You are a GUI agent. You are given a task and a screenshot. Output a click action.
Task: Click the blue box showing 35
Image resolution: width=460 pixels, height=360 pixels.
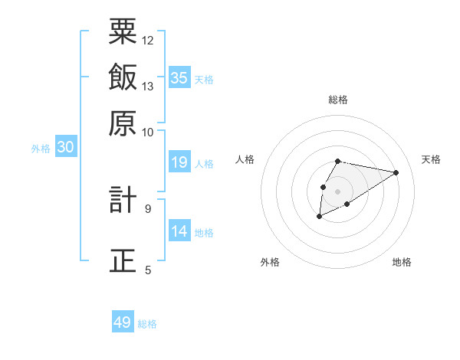179,78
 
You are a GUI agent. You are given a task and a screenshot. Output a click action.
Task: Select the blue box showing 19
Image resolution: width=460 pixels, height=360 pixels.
179,162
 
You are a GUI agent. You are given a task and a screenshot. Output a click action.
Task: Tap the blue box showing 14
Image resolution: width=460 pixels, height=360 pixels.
179,231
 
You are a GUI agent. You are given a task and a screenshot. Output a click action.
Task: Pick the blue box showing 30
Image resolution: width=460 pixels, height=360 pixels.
65,148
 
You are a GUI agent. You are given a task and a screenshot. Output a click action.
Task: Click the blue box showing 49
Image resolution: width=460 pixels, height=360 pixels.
123,322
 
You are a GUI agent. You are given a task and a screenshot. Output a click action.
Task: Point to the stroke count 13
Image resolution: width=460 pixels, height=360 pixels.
148,87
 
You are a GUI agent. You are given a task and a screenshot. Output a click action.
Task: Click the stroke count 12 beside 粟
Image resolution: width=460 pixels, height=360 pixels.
148,40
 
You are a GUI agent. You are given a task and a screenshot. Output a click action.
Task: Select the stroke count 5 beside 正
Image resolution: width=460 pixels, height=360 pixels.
148,270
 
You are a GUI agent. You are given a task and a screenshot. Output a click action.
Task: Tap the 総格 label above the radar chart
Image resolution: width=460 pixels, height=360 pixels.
337,100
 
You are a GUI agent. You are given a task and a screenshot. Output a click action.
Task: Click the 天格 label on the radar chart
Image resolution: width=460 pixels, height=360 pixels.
431,159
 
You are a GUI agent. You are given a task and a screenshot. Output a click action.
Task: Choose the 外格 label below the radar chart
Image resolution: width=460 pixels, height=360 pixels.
270,262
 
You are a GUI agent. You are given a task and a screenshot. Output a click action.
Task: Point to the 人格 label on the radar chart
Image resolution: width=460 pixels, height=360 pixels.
245,159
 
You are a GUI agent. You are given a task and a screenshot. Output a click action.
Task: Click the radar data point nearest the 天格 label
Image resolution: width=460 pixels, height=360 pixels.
396,172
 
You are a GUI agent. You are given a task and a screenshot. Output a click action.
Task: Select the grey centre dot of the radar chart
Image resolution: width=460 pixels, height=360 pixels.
337,191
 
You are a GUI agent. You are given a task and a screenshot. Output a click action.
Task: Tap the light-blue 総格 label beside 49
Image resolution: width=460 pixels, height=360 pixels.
147,324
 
